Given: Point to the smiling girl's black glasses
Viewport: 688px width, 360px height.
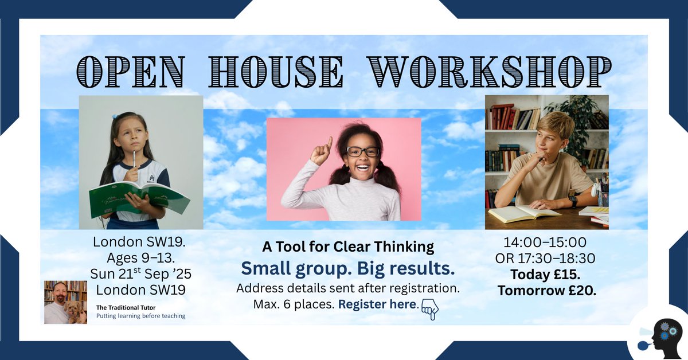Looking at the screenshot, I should pos(362,151).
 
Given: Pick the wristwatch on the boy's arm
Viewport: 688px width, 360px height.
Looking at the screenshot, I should pos(573,201).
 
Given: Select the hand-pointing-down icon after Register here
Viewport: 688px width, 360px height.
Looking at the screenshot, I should pos(429,308).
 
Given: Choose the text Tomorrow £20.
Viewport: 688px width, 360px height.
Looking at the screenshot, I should pos(546,291).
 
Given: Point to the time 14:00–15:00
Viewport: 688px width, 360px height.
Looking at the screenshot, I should pos(545,242).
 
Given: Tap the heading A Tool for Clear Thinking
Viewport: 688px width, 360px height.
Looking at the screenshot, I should pos(348,247).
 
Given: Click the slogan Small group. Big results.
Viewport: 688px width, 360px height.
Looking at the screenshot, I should pos(347,268).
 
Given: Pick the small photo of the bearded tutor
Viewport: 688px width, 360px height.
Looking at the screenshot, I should pos(65,302).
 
